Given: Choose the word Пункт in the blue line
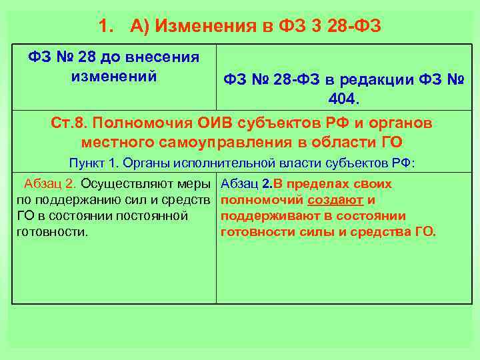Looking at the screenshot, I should tap(85, 163).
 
